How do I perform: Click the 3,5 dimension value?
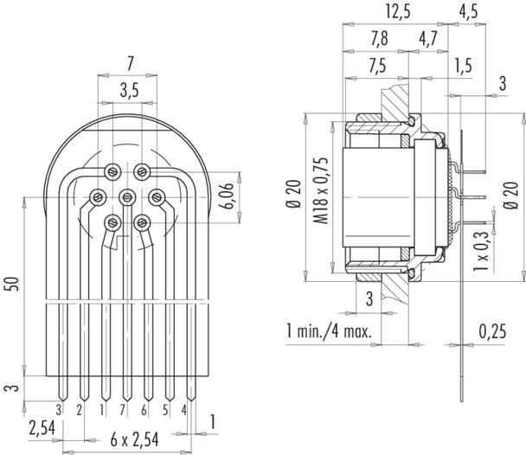(127, 89)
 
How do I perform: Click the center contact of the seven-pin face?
(126, 195)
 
